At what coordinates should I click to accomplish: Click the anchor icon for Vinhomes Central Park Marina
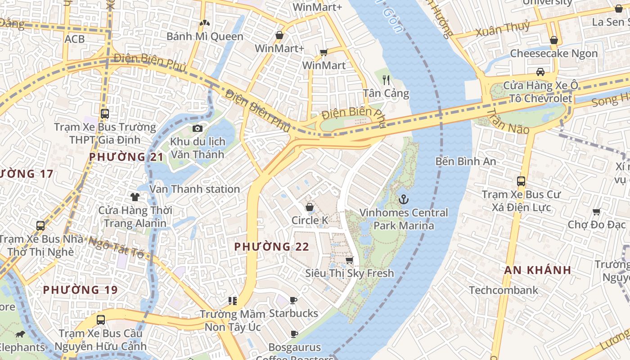404,199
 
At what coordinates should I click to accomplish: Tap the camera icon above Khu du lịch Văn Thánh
197,129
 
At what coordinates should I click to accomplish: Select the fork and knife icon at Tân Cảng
386,80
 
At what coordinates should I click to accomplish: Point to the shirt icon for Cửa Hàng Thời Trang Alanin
135,197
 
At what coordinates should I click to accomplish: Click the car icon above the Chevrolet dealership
540,72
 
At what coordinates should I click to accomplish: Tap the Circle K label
310,220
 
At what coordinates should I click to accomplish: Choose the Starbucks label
293,313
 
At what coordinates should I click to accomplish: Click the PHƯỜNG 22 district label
272,247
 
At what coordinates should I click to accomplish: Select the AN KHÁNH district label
537,270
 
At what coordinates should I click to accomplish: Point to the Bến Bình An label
466,161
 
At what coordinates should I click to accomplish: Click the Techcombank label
504,290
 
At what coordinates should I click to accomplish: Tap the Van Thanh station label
194,189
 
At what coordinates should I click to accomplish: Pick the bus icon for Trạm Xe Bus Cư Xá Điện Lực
521,181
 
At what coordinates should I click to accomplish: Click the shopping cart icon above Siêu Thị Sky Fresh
349,260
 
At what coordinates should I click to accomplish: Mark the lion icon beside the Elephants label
20,334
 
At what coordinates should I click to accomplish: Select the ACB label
74,39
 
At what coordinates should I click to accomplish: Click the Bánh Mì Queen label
205,36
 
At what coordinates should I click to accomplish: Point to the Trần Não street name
508,121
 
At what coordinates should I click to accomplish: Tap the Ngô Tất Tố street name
116,247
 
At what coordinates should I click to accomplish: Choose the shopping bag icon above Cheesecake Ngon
554,40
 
